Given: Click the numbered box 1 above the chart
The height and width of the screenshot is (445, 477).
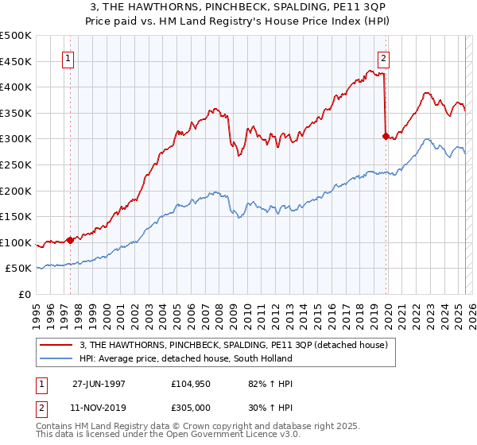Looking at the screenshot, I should point(68,58).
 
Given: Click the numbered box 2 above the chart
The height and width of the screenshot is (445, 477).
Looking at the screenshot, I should point(383,58).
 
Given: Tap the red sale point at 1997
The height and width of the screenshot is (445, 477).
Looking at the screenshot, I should point(71,239).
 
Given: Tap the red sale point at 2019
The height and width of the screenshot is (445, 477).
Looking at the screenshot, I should point(386,136).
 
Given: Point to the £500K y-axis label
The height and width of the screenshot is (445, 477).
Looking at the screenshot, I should point(17,36).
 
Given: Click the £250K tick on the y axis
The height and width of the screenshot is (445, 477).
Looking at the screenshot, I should point(17,164).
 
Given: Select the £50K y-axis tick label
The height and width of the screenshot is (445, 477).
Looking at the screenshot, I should point(20,269).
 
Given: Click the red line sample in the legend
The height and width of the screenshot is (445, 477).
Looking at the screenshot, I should point(56,345).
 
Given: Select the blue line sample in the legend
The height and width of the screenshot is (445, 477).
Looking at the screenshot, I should point(56,358).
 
